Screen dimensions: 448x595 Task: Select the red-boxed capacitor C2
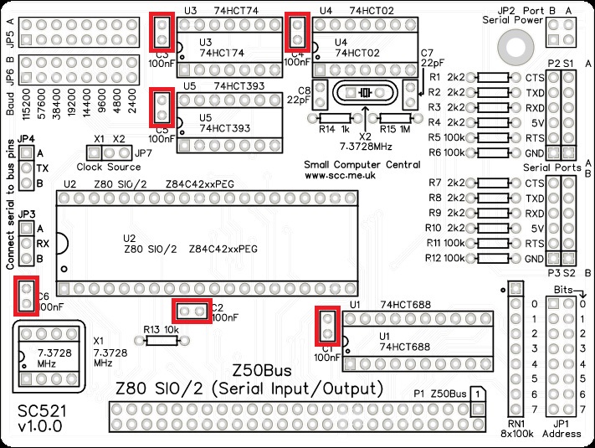[x=192, y=311]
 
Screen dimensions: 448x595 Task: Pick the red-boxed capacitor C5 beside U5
[x=162, y=108]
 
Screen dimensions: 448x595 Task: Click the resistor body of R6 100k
[x=494, y=152]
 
